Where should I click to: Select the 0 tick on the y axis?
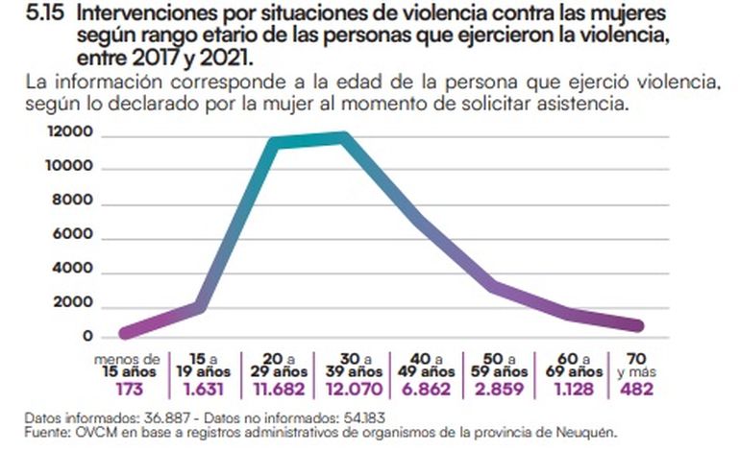pos(87,337)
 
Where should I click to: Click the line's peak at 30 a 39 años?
pos(342,136)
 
